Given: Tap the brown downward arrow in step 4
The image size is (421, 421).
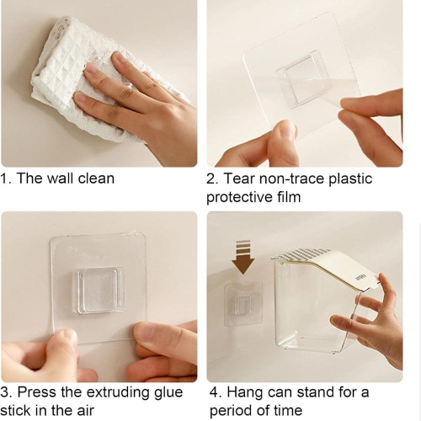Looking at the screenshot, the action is pos(243,257).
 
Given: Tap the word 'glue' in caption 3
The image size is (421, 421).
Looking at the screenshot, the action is pos(168,393).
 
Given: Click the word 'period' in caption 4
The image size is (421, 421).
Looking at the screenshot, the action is pos(231,411).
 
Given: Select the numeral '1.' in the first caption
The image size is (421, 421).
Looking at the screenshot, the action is pos(6,179).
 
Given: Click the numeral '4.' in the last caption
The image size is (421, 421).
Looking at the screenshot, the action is pos(216,392).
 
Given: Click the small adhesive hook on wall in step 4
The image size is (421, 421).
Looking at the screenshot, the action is pos(243,305).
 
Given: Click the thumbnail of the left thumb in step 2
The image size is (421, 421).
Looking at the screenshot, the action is pos(286,131).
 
